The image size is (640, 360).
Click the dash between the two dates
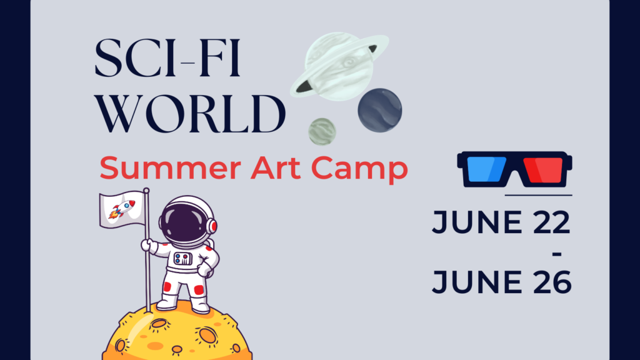point(557,254)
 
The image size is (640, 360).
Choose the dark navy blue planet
point(379,110)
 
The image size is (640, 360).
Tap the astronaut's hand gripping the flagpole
point(147,245)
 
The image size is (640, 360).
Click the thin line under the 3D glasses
point(537,195)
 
